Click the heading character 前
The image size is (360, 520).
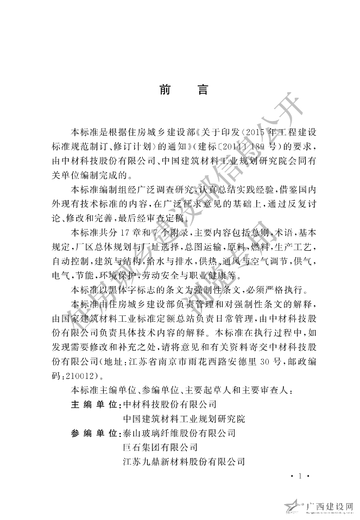[166, 90]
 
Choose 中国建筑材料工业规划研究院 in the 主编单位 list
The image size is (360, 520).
[184, 419]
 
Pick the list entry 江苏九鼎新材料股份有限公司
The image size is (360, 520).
[184, 462]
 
